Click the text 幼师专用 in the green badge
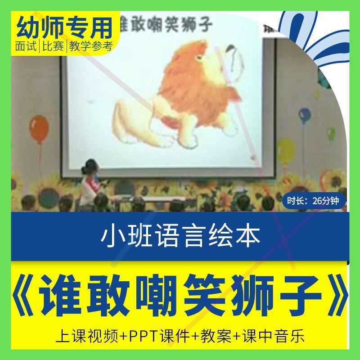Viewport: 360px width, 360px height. click(x=64, y=28)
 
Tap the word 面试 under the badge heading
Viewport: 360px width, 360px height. click(x=26, y=46)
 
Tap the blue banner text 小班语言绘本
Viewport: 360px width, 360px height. click(x=180, y=236)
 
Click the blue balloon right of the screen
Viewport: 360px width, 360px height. click(x=305, y=115)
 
